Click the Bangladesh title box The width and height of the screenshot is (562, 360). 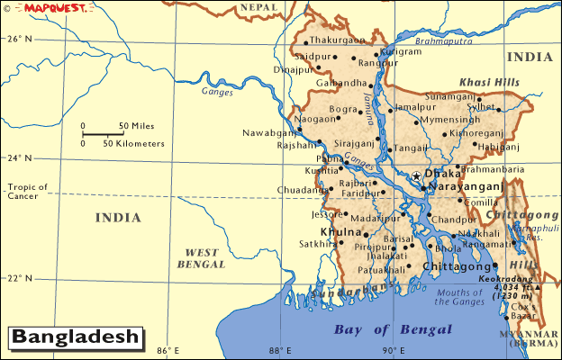coord(77,337)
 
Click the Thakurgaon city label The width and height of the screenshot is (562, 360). coord(338,40)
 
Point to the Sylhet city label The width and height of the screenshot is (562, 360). coord(504,106)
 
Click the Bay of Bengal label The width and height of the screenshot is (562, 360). coord(392,329)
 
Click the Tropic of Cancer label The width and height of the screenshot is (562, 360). coord(27,192)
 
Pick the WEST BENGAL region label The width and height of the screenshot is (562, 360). coord(202,258)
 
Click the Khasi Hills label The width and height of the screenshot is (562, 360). coord(489,82)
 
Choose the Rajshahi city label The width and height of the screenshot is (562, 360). coord(297,145)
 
